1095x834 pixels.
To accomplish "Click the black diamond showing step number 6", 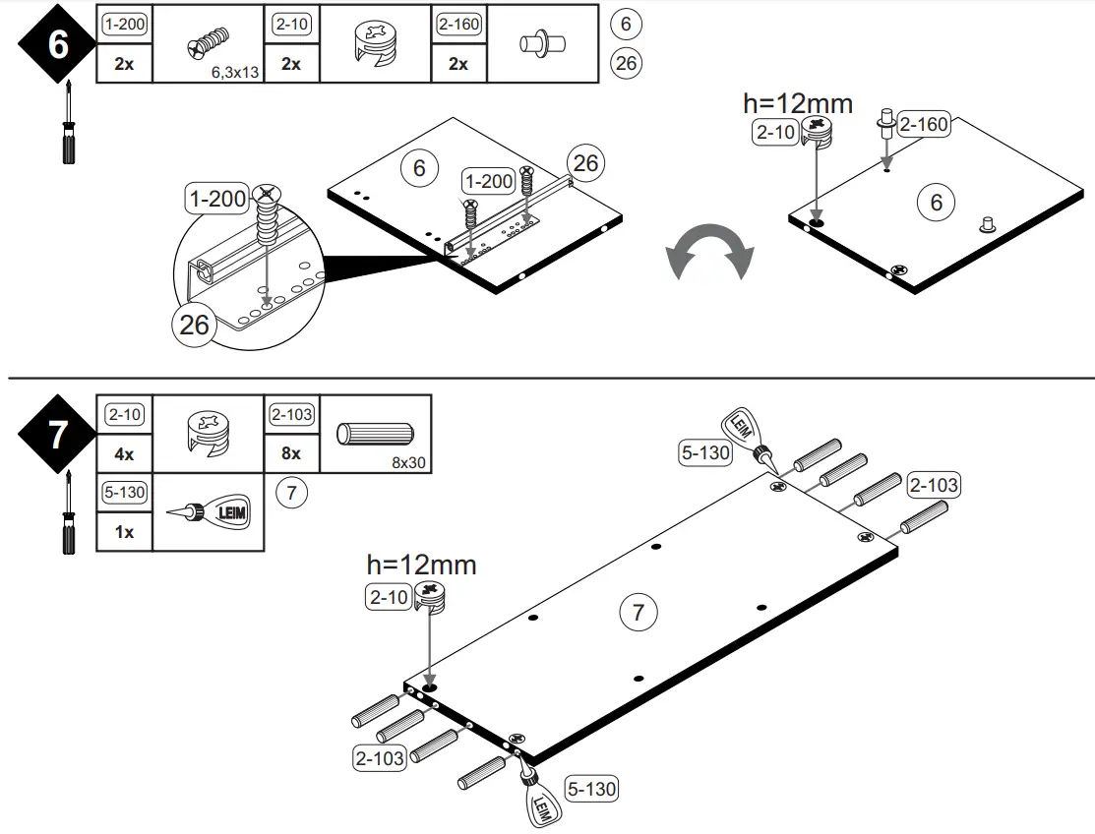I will pyautogui.click(x=58, y=45).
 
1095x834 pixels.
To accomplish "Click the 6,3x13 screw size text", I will pyautogui.click(x=234, y=72).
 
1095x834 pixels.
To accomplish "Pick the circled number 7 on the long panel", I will pyautogui.click(x=638, y=613).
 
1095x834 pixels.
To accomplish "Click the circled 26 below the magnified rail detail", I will pyautogui.click(x=195, y=324).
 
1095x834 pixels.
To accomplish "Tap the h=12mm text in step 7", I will pyautogui.click(x=421, y=565).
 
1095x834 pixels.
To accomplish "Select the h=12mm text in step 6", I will pyautogui.click(x=797, y=103).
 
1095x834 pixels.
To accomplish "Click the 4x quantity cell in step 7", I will pyautogui.click(x=124, y=454).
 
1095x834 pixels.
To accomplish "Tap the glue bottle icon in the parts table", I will pyautogui.click(x=209, y=511).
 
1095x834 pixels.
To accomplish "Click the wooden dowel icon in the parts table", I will pyautogui.click(x=376, y=434).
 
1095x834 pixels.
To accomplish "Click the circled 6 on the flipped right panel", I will pyautogui.click(x=936, y=202).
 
